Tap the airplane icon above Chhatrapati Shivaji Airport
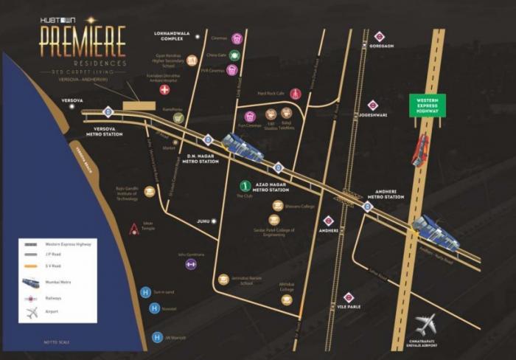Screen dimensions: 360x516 click(425, 323)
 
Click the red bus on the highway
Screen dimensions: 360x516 click(420, 150)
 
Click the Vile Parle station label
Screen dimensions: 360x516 click(349, 310)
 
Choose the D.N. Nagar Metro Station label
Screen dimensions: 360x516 click(203, 158)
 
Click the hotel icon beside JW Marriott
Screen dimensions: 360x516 click(156, 338)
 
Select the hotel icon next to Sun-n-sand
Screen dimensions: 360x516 click(146, 292)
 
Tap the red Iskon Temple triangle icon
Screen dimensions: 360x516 click(134, 229)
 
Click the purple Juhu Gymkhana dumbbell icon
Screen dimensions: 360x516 click(192, 264)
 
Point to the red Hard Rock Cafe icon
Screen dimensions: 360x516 click(296, 94)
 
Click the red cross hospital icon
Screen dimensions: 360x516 click(164, 90)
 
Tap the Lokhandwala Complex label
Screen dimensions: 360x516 click(167, 36)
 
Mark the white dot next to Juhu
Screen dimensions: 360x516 click(214, 221)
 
